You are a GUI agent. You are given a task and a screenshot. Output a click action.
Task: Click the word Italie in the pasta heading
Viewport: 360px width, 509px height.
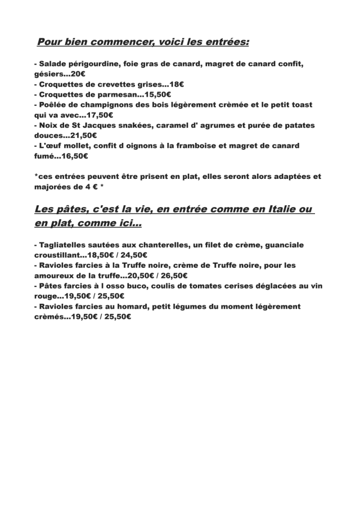(x=278, y=209)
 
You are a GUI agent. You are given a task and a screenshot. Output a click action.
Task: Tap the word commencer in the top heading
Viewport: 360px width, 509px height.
(x=118, y=42)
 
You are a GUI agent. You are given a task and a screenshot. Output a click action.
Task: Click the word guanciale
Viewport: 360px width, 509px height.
(x=283, y=245)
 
